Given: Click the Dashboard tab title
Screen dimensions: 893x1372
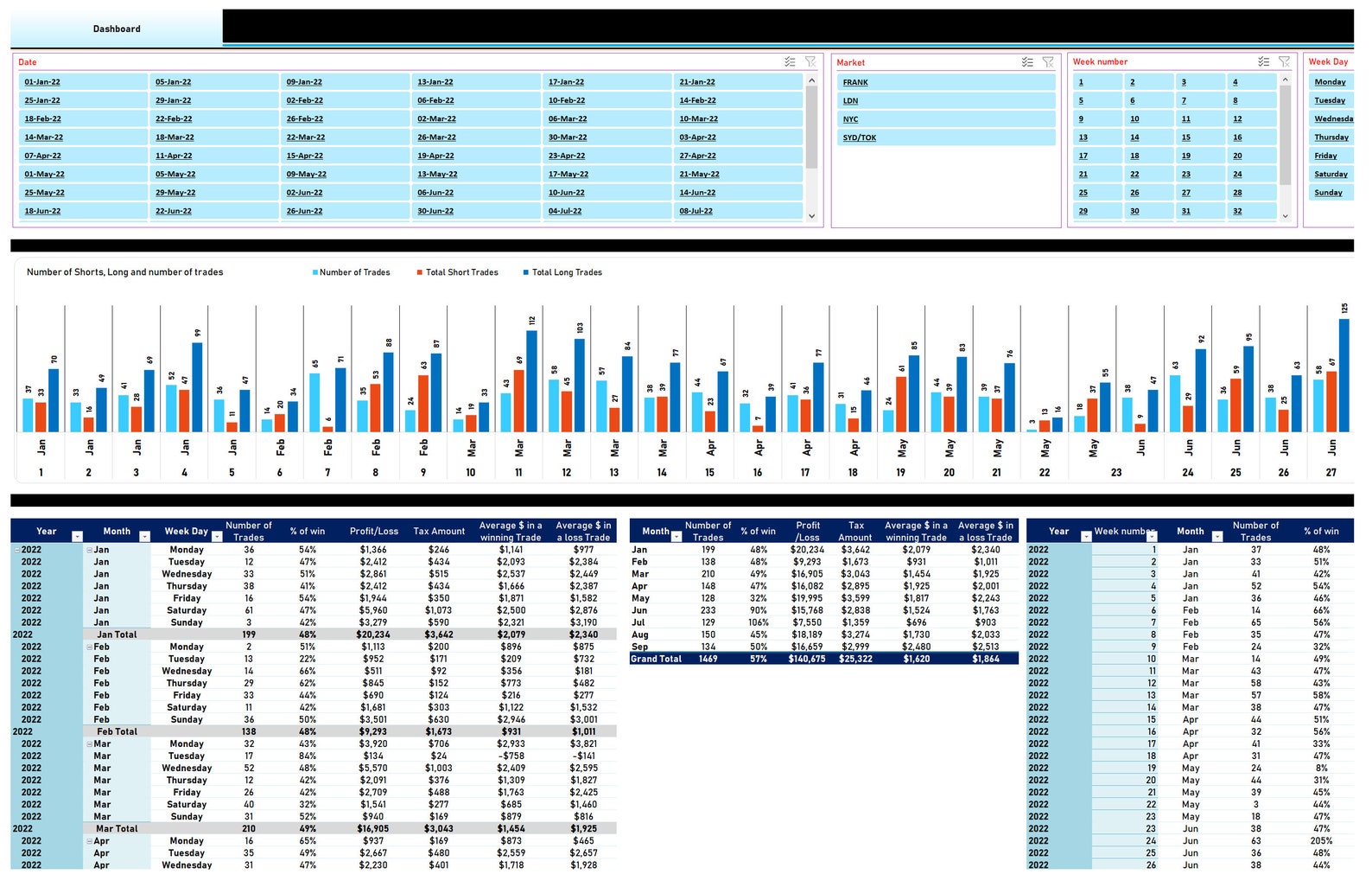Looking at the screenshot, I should click(x=117, y=29).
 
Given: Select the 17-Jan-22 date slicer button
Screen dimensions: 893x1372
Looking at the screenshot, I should click(x=566, y=82).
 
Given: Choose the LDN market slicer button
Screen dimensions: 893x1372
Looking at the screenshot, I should click(x=851, y=101).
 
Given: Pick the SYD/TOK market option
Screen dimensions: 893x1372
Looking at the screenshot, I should click(x=860, y=137).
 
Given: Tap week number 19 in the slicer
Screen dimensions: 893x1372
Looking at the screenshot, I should click(x=1186, y=156).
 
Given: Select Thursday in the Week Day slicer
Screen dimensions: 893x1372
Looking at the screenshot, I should click(x=1331, y=137).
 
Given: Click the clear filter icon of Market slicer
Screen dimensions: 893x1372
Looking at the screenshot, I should click(x=1048, y=62).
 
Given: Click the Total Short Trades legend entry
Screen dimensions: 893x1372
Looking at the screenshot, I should click(x=461, y=272).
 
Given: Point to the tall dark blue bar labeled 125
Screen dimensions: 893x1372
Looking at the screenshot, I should click(x=1343, y=375).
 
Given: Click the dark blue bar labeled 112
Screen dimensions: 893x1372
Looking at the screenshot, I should click(x=531, y=380).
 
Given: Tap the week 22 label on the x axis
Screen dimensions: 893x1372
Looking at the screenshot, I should click(x=1045, y=473).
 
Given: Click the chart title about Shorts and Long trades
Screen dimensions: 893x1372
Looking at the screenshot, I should click(x=124, y=272).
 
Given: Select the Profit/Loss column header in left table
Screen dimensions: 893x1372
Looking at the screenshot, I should click(x=374, y=532).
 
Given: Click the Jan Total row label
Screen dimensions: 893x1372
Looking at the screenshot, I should click(x=117, y=635).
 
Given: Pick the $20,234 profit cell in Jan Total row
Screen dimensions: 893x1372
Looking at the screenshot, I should click(x=373, y=635).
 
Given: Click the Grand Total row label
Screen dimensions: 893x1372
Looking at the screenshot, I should click(x=656, y=659).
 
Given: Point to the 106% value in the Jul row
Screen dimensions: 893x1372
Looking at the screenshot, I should click(x=759, y=622).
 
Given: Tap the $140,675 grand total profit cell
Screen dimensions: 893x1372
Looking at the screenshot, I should click(x=807, y=659).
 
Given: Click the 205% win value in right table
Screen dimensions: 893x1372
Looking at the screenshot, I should click(x=1321, y=841).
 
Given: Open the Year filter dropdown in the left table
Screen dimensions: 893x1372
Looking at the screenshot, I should click(x=77, y=537).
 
